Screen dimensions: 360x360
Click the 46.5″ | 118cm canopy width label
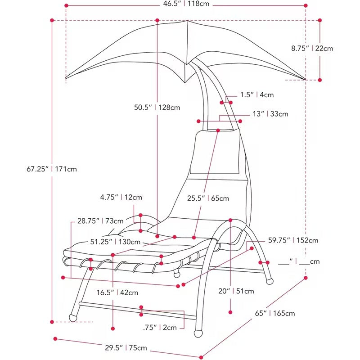[x=186, y=4]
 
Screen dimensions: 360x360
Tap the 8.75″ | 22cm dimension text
[x=312, y=49]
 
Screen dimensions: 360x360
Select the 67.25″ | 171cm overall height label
[x=52, y=169]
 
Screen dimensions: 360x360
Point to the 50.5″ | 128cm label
[x=157, y=107]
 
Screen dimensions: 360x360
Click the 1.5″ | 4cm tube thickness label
[x=257, y=94]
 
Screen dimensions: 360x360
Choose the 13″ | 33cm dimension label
[x=270, y=114]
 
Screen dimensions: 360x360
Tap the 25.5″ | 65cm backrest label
[x=208, y=198]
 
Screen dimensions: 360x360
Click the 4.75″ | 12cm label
[x=121, y=197]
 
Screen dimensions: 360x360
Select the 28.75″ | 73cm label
[x=100, y=221]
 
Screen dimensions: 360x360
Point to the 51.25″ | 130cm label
[x=115, y=242]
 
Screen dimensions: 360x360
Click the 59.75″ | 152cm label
[x=293, y=240]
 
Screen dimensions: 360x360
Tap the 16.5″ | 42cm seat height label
[x=117, y=292]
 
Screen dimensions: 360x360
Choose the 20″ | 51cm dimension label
[x=236, y=291]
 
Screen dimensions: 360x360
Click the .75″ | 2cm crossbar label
[x=160, y=328]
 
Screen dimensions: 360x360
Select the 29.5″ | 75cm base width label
[x=126, y=347]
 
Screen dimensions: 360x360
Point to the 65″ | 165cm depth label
[x=275, y=313]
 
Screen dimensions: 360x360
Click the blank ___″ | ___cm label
[x=299, y=261]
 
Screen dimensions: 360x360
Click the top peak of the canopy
[x=187, y=21]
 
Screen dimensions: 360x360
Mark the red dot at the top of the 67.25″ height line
[x=52, y=20]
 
